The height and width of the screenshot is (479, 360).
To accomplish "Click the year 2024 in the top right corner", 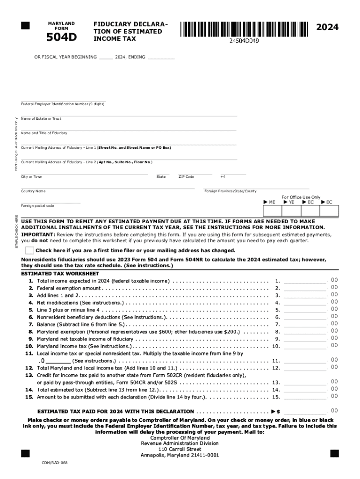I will tap(327, 28).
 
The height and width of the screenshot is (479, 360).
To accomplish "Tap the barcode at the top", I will tap(244, 29).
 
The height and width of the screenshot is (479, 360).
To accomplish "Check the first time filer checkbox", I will tap(30, 250).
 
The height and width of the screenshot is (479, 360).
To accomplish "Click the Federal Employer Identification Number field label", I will tap(63, 104).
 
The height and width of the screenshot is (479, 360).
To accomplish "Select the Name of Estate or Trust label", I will tap(41, 119).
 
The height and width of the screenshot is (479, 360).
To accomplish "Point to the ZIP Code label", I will tap(186, 177).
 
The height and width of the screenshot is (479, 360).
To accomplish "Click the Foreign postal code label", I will tap(37, 206).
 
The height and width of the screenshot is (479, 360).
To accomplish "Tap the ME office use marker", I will tap(270, 202).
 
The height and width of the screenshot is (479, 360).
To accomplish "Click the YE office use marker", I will tap(289, 202).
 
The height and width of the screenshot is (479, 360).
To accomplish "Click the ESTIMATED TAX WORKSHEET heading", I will tap(60, 274).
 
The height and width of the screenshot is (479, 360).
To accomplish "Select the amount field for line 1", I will tap(305, 281).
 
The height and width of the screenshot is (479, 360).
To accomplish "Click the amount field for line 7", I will tap(305, 324).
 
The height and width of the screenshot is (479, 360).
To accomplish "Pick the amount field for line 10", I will tap(305, 346).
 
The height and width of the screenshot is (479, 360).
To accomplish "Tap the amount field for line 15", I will tap(305, 397).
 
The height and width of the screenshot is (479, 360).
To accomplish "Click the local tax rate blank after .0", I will tap(58, 361).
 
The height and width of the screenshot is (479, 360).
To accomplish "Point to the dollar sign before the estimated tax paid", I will tap(278, 412).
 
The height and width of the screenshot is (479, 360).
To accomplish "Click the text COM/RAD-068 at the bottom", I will tap(55, 463).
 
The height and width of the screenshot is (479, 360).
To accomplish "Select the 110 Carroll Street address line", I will tap(180, 449).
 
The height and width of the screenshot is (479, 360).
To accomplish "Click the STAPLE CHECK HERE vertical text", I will tap(17, 232).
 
